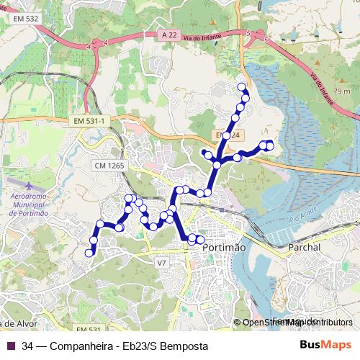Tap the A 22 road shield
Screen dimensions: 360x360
click(168, 34)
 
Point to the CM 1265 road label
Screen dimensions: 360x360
click(109, 166)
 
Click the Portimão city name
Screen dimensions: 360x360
click(225, 247)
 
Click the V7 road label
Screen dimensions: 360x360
click(161, 263)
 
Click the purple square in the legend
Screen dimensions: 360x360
click(10, 346)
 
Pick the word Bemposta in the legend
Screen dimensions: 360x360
click(183, 346)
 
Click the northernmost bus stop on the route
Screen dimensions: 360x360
click(241, 86)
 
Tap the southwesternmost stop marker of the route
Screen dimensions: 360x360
click(89, 253)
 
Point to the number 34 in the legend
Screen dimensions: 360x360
click(27, 346)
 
